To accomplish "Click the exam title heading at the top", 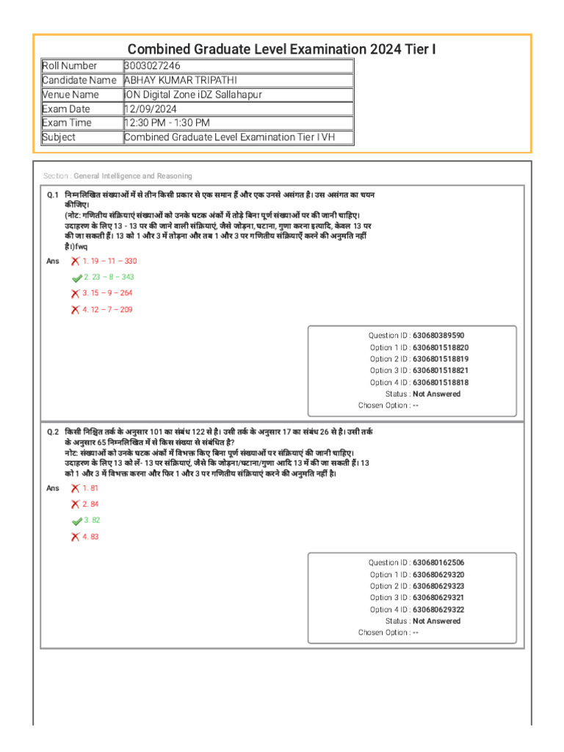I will (282, 49).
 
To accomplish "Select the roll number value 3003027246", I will (152, 66).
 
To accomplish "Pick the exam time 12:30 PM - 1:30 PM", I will (167, 123).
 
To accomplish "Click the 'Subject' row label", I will (59, 137).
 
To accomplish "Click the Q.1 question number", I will (52, 195).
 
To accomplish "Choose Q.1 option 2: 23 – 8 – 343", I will (109, 277).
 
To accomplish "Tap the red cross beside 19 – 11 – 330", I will (75, 261).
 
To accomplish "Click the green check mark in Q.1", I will (76, 278).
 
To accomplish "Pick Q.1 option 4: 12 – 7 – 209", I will (107, 309).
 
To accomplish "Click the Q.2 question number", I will (52, 433).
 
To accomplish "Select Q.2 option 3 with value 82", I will (92, 520).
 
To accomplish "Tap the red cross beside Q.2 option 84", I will (75, 505).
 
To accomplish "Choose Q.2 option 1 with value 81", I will (90, 488).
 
